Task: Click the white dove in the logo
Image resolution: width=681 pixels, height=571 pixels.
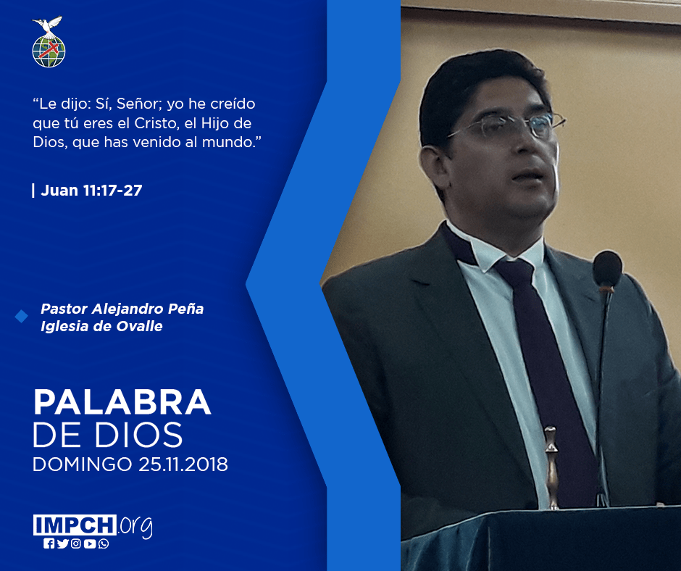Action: pyautogui.click(x=47, y=25)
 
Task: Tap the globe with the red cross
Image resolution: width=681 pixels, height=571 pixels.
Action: pyautogui.click(x=49, y=51)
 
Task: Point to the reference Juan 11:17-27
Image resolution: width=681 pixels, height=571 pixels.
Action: pyautogui.click(x=91, y=191)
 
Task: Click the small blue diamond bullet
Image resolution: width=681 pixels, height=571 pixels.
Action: pyautogui.click(x=21, y=317)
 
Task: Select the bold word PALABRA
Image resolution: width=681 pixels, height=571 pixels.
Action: pyautogui.click(x=122, y=402)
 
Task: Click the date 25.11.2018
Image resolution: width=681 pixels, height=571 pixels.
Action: pyautogui.click(x=183, y=464)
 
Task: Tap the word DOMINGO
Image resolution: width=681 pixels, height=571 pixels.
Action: pyautogui.click(x=83, y=464)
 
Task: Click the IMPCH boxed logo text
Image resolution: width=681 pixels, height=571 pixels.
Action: pyautogui.click(x=75, y=525)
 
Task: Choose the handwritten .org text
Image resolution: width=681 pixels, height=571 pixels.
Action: pyautogui.click(x=135, y=526)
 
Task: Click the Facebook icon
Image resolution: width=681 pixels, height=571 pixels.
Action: pyautogui.click(x=49, y=543)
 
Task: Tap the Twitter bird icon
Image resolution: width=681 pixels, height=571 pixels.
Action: pyautogui.click(x=62, y=543)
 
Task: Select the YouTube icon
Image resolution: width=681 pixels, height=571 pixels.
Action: pyautogui.click(x=90, y=543)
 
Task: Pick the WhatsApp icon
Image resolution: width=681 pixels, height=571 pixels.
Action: pyautogui.click(x=104, y=543)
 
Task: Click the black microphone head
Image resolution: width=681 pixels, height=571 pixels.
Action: pyautogui.click(x=607, y=269)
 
